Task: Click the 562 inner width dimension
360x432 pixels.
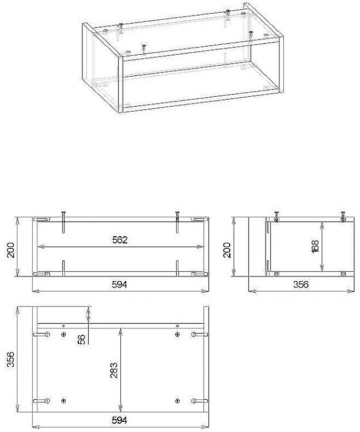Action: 120,240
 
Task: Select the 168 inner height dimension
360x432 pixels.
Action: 315,246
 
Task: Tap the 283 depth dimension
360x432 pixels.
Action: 113,370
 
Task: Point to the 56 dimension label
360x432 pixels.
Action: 82,339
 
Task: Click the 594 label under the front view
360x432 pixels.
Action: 119,285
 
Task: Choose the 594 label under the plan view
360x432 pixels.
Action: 119,420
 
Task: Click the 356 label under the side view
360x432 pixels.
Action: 301,285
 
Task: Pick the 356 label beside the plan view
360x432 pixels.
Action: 10,359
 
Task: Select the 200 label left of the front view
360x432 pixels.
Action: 10,250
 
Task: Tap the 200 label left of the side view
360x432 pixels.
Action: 227,250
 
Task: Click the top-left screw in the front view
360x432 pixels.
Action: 63,222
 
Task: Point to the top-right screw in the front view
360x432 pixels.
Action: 177,222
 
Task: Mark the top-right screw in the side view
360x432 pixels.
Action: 343,216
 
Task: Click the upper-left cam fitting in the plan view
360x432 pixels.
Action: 41,335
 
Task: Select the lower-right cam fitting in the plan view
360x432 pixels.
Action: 199,401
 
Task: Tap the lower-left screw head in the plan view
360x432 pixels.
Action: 63,400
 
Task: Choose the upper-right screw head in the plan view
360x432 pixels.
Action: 177,335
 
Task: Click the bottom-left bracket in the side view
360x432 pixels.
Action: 277,274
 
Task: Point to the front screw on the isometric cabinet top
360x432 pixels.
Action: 143,49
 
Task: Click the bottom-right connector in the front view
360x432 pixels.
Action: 199,274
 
